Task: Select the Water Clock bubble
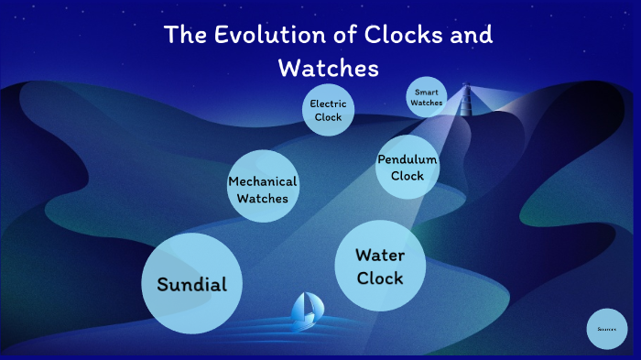coord(380,266)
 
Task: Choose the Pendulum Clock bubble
coord(407,168)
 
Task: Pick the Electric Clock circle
coord(328,111)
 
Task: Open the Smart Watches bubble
coord(427,97)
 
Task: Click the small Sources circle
coord(606,328)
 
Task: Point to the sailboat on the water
coord(305,312)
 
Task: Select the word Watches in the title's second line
coord(328,68)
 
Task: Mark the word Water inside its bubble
coord(380,255)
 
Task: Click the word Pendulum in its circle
coord(407,160)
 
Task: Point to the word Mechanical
coord(263,180)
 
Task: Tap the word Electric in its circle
coord(328,104)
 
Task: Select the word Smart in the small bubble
coord(427,93)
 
